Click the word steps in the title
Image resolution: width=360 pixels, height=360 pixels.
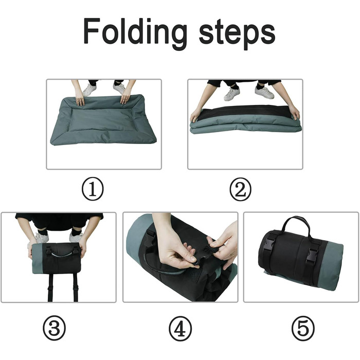tap(237, 34)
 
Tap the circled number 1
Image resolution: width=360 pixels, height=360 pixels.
tap(93, 189)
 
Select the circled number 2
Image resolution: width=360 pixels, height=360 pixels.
tap(241, 189)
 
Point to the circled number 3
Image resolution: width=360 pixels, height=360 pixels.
tap(54, 328)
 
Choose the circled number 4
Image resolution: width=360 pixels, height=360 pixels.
tap(180, 328)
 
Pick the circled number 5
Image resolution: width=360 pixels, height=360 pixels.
tap(303, 328)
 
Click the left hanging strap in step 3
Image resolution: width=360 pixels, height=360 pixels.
tap(50, 287)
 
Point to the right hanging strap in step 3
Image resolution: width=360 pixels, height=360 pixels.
tap(76, 287)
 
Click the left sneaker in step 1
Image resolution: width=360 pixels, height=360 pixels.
tap(89, 90)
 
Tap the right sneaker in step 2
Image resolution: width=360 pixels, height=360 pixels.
tap(264, 92)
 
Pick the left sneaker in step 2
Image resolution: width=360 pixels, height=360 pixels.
tap(231, 94)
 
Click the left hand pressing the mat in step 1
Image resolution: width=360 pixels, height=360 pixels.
tap(80, 98)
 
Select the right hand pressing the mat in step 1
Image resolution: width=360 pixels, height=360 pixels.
tap(126, 97)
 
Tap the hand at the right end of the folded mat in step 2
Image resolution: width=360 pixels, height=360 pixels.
tap(294, 112)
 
